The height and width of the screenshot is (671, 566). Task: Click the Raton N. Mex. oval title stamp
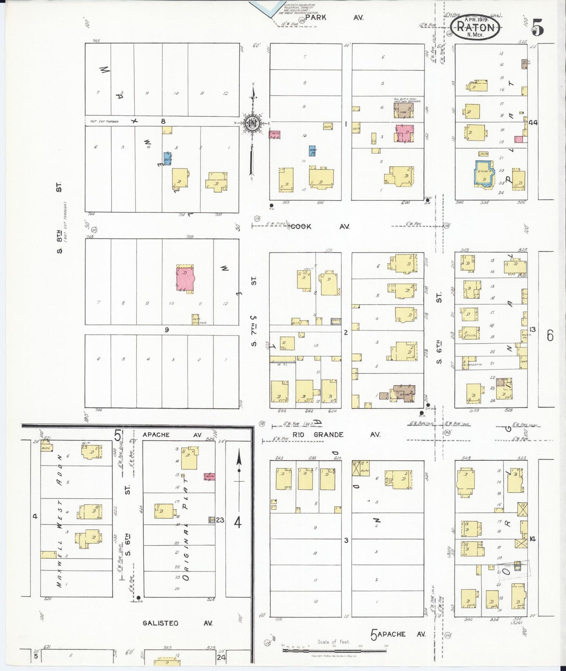click(475, 28)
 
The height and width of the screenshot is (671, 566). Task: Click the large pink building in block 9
click(185, 278)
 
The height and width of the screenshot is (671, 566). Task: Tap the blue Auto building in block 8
click(167, 159)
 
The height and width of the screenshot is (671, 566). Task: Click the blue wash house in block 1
click(313, 152)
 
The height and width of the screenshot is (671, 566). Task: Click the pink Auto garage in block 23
click(209, 476)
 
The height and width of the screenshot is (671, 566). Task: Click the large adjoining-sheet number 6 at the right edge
click(550, 335)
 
